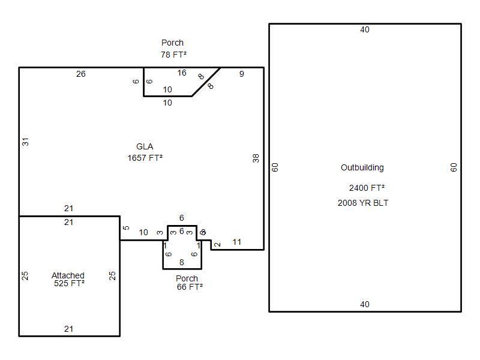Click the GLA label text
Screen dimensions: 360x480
pos(145,146)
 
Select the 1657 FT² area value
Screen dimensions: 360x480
pos(145,158)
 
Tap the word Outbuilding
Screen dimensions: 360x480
pos(362,167)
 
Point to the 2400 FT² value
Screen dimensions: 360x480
pos(367,188)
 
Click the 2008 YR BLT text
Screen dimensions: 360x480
pos(363,203)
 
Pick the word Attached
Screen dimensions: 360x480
pos(68,275)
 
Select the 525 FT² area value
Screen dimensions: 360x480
pos(69,283)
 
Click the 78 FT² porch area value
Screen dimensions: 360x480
pos(173,54)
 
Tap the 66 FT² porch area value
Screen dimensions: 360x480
pos(189,287)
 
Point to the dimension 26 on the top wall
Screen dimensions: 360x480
pos(81,74)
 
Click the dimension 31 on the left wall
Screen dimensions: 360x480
pos(26,142)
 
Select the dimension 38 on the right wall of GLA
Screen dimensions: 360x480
pos(256,158)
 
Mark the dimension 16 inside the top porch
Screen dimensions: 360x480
pos(182,73)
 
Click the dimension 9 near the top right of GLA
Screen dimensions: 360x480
pos(242,74)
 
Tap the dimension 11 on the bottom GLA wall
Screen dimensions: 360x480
pos(237,242)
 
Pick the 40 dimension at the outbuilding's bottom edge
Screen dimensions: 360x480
pos(365,304)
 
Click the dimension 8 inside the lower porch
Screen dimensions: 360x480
pos(182,262)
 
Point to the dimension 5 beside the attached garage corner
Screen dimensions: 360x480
pos(126,228)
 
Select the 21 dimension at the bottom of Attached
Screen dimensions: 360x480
pos(69,329)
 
